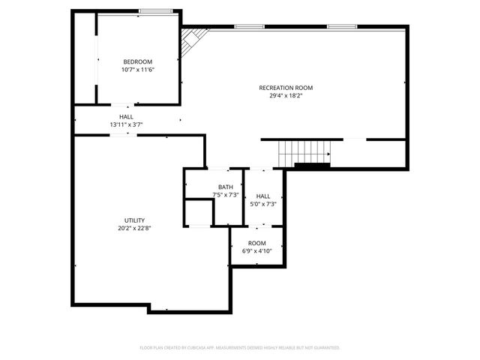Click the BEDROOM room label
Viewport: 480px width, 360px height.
click(138, 61)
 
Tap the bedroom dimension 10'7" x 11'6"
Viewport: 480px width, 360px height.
click(138, 70)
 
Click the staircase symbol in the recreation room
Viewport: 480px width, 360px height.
click(304, 153)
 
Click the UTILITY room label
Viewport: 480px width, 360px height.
click(135, 220)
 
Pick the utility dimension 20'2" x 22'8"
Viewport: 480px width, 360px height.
click(135, 229)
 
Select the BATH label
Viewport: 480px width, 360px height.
click(226, 187)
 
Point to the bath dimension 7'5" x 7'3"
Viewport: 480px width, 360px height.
click(226, 195)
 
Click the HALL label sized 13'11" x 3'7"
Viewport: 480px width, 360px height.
click(126, 117)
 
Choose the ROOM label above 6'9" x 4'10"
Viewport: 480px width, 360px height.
click(257, 243)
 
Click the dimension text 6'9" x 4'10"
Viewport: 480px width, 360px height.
click(257, 251)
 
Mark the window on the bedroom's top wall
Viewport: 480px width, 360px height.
click(156, 11)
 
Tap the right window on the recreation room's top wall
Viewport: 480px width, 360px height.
click(340, 27)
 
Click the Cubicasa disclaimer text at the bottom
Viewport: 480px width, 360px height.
click(240, 348)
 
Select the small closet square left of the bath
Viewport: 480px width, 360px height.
click(199, 211)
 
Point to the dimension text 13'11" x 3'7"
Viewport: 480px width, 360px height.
click(126, 124)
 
